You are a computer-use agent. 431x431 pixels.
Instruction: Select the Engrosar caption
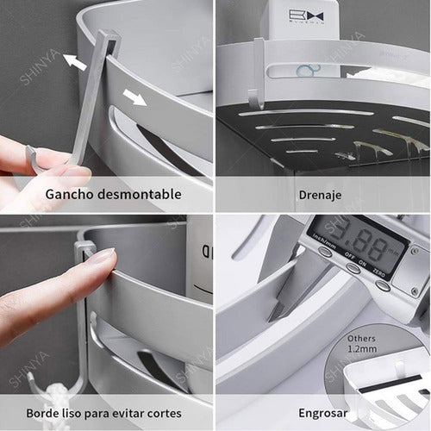pyautogui.click(x=323, y=413)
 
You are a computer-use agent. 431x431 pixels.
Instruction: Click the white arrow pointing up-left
pyautogui.click(x=75, y=62)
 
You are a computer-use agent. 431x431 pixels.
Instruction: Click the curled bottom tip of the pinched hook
pyautogui.click(x=30, y=159)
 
